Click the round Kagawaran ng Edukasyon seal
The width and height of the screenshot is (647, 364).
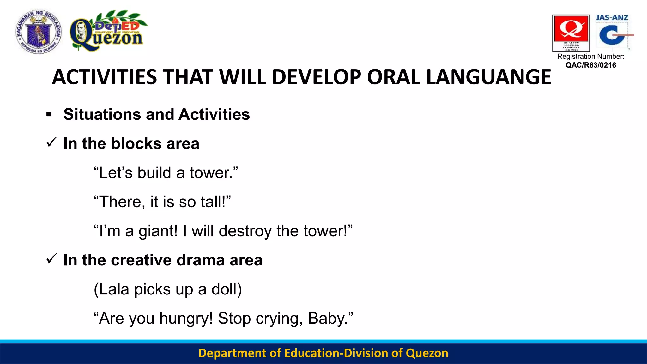coord(39,32)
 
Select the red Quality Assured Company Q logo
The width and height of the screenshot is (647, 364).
coord(571,33)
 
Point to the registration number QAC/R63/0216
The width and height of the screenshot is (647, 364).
coord(590,65)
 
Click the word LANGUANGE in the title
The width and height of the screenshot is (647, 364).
coord(488,77)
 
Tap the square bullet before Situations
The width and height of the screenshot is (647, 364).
coord(49,114)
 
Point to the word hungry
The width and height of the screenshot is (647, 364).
coord(186,318)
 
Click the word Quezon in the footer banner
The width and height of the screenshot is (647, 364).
coord(427,353)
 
